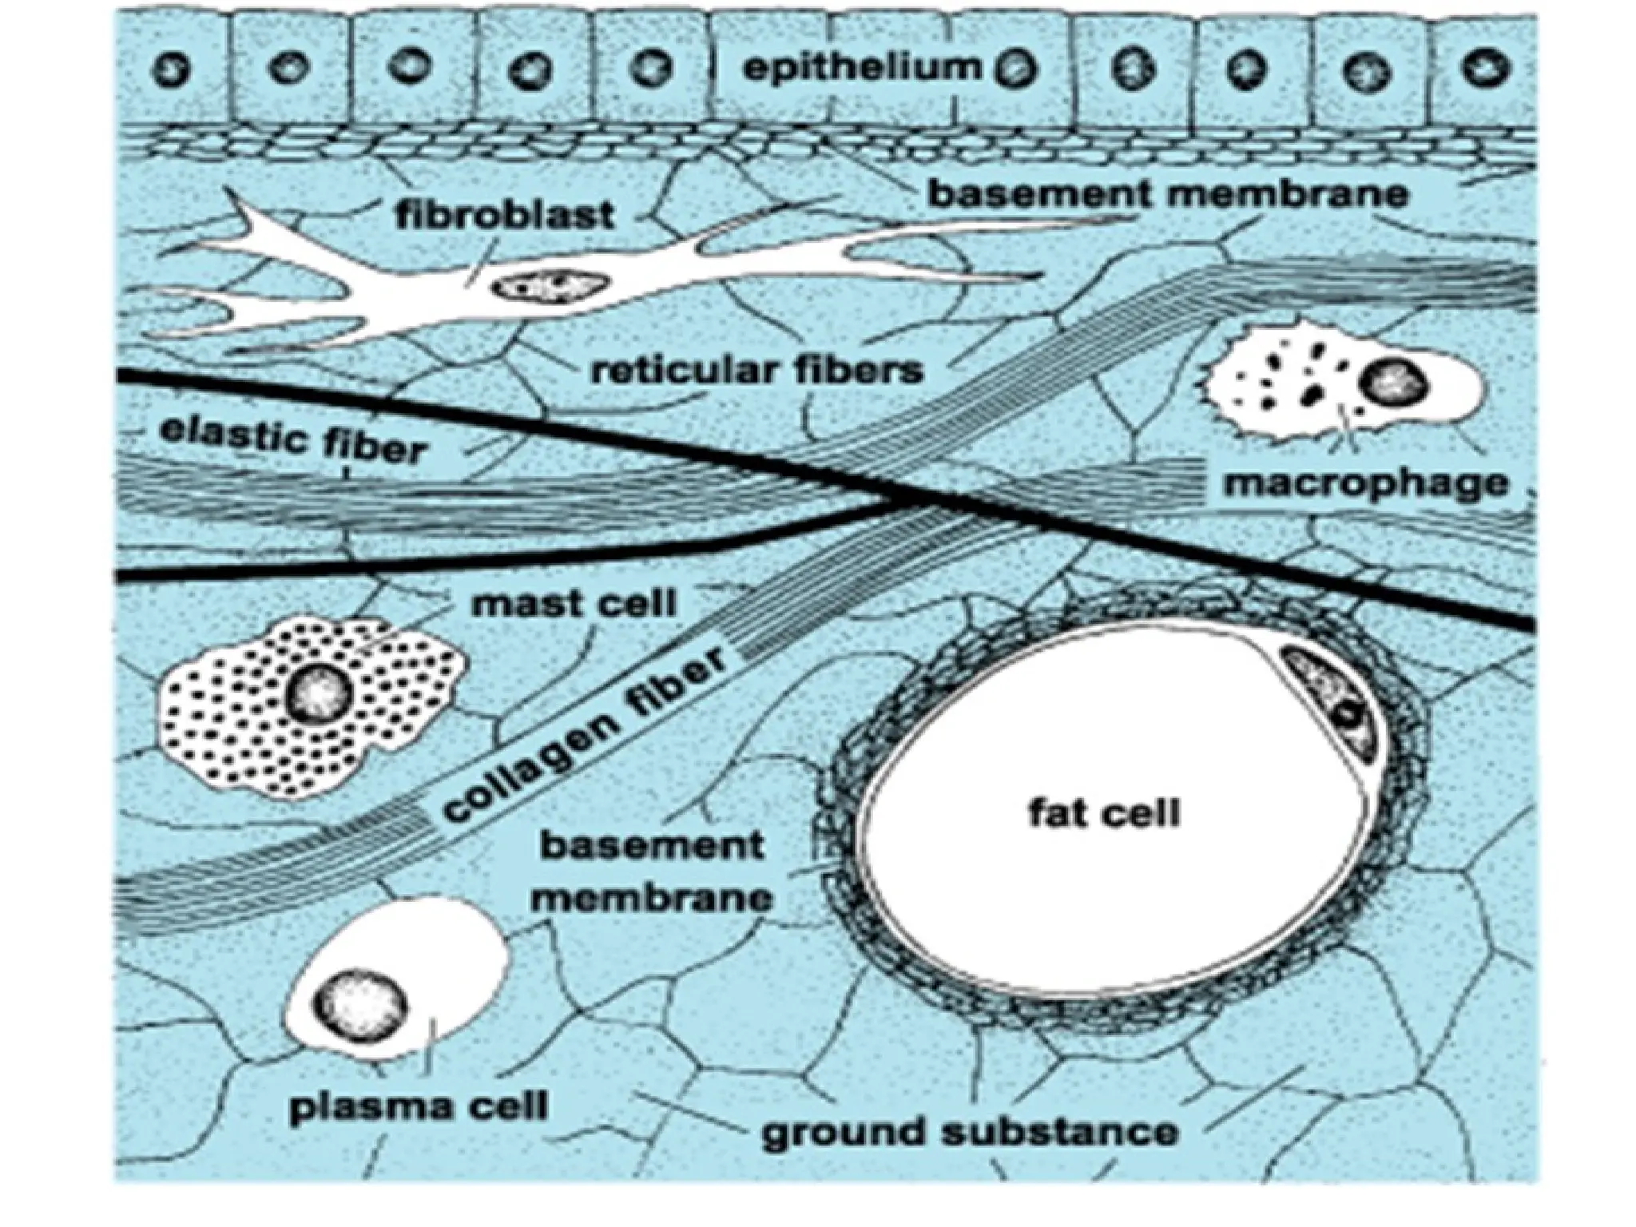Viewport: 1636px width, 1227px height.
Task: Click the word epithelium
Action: (860, 67)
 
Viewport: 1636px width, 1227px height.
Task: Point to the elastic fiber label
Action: (291, 440)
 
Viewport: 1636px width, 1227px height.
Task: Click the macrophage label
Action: (1366, 483)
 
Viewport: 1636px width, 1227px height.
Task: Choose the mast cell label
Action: (574, 602)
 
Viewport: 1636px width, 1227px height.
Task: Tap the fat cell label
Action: (1103, 814)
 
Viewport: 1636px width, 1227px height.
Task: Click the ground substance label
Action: (969, 1132)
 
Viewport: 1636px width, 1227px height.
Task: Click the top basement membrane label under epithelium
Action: (1166, 195)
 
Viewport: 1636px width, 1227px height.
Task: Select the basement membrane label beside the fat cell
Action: (653, 871)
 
